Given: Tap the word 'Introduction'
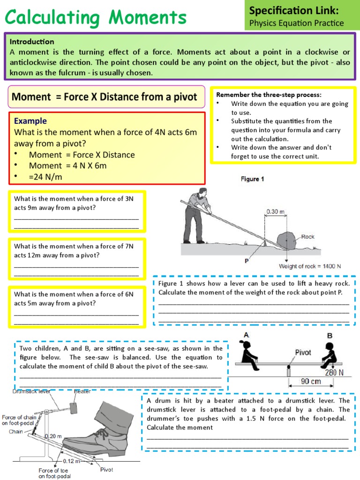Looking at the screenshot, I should (32, 41).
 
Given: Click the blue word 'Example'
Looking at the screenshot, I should (30, 121).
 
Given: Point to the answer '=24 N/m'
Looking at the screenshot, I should (45, 177).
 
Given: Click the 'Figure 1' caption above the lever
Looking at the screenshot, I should (253, 179).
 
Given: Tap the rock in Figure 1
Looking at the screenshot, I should (287, 240).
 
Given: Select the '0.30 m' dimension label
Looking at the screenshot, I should (276, 211).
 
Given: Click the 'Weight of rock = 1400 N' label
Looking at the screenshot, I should (310, 266).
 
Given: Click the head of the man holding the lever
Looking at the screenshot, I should (202, 191).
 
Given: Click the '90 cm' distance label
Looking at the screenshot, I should (311, 381).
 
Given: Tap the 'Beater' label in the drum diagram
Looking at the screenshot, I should (82, 391).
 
